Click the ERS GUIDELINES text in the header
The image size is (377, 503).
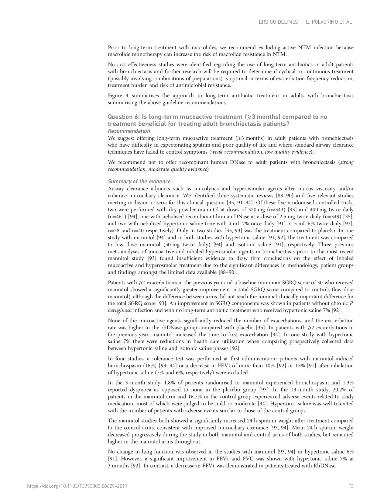[278, 22]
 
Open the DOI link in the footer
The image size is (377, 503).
[77, 486]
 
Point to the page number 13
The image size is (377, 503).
[351, 486]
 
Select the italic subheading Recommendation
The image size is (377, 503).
[129, 131]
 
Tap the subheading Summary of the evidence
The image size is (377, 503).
[139, 182]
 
